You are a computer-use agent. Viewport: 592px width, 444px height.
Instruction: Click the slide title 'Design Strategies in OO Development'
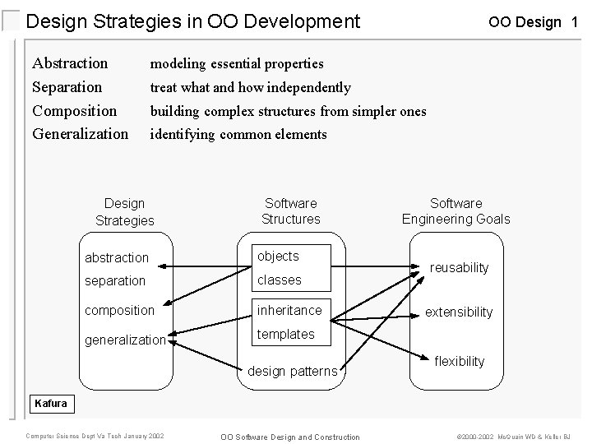tap(193, 21)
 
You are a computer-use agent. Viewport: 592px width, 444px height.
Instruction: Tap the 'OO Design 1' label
tap(532, 22)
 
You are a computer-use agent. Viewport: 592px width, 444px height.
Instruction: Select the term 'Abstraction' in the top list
tap(70, 63)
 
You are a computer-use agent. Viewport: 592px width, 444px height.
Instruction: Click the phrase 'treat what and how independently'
tap(250, 87)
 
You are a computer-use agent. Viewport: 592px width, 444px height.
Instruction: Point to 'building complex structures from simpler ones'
tap(288, 111)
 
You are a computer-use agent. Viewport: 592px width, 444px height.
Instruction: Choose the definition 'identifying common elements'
tap(238, 134)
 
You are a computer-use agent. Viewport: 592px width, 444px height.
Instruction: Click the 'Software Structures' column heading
tap(290, 210)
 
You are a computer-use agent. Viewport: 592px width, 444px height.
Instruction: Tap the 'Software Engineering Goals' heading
tap(456, 210)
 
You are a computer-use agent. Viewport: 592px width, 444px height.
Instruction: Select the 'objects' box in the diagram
tap(280, 257)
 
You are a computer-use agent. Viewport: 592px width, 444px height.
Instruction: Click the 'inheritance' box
tap(290, 310)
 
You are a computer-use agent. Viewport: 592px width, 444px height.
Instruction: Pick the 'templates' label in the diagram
tap(286, 334)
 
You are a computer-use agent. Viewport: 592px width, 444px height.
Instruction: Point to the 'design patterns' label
tap(293, 372)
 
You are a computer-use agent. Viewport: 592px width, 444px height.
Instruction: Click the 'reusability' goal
tap(460, 268)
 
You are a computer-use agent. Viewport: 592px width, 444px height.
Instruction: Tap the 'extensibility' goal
tap(458, 312)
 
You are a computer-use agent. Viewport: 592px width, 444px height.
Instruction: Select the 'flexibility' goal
tap(459, 362)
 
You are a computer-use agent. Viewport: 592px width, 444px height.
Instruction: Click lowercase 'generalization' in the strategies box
tap(125, 340)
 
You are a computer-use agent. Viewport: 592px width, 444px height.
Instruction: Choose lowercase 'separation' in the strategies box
tap(115, 280)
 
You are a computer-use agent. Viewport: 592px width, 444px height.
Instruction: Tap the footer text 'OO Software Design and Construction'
tap(289, 437)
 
